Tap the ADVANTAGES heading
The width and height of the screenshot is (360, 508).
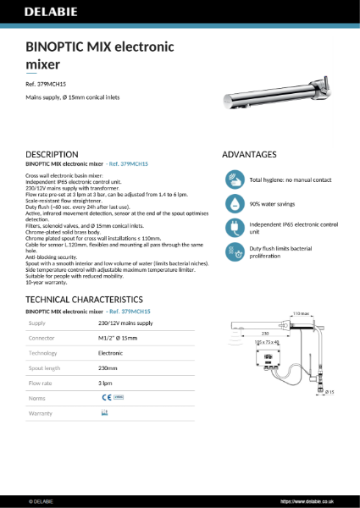[x=249, y=154]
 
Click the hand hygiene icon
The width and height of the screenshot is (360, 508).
[x=235, y=179]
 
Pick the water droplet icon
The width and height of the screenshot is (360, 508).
[x=235, y=204]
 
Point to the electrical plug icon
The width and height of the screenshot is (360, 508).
[x=235, y=228]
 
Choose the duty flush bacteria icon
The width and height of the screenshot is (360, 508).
[x=235, y=251]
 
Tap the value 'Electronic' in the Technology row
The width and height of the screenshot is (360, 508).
[x=111, y=352]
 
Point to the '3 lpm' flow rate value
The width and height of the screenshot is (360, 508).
[x=107, y=382]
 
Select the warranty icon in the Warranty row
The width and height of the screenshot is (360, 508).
[x=105, y=411]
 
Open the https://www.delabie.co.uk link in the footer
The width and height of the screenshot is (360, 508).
[x=317, y=500]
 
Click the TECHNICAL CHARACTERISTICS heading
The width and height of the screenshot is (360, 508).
[x=84, y=300]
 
